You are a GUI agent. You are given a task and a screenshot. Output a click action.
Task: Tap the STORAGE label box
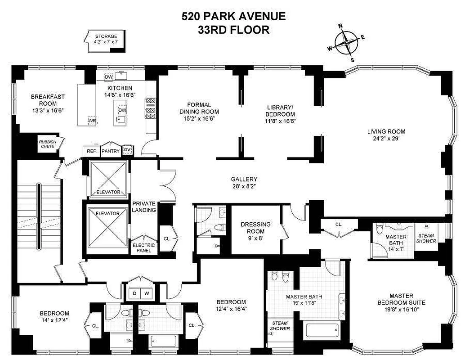coord(106,39)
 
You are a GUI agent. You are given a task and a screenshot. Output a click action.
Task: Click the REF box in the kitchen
coord(90,150)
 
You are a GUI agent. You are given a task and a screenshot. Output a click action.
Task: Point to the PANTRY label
coord(110,151)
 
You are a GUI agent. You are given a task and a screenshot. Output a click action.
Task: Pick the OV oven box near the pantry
coord(128,150)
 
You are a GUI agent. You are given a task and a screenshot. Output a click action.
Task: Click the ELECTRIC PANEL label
coord(143,247)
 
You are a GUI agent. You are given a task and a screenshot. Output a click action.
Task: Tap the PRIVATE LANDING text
coord(144,207)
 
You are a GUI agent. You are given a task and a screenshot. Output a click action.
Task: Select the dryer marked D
coord(134,293)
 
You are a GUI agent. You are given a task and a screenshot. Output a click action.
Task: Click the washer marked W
coord(146,293)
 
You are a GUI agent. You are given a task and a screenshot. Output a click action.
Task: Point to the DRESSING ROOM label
coord(255,227)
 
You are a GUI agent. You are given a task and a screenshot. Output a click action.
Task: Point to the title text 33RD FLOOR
coord(233,30)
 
